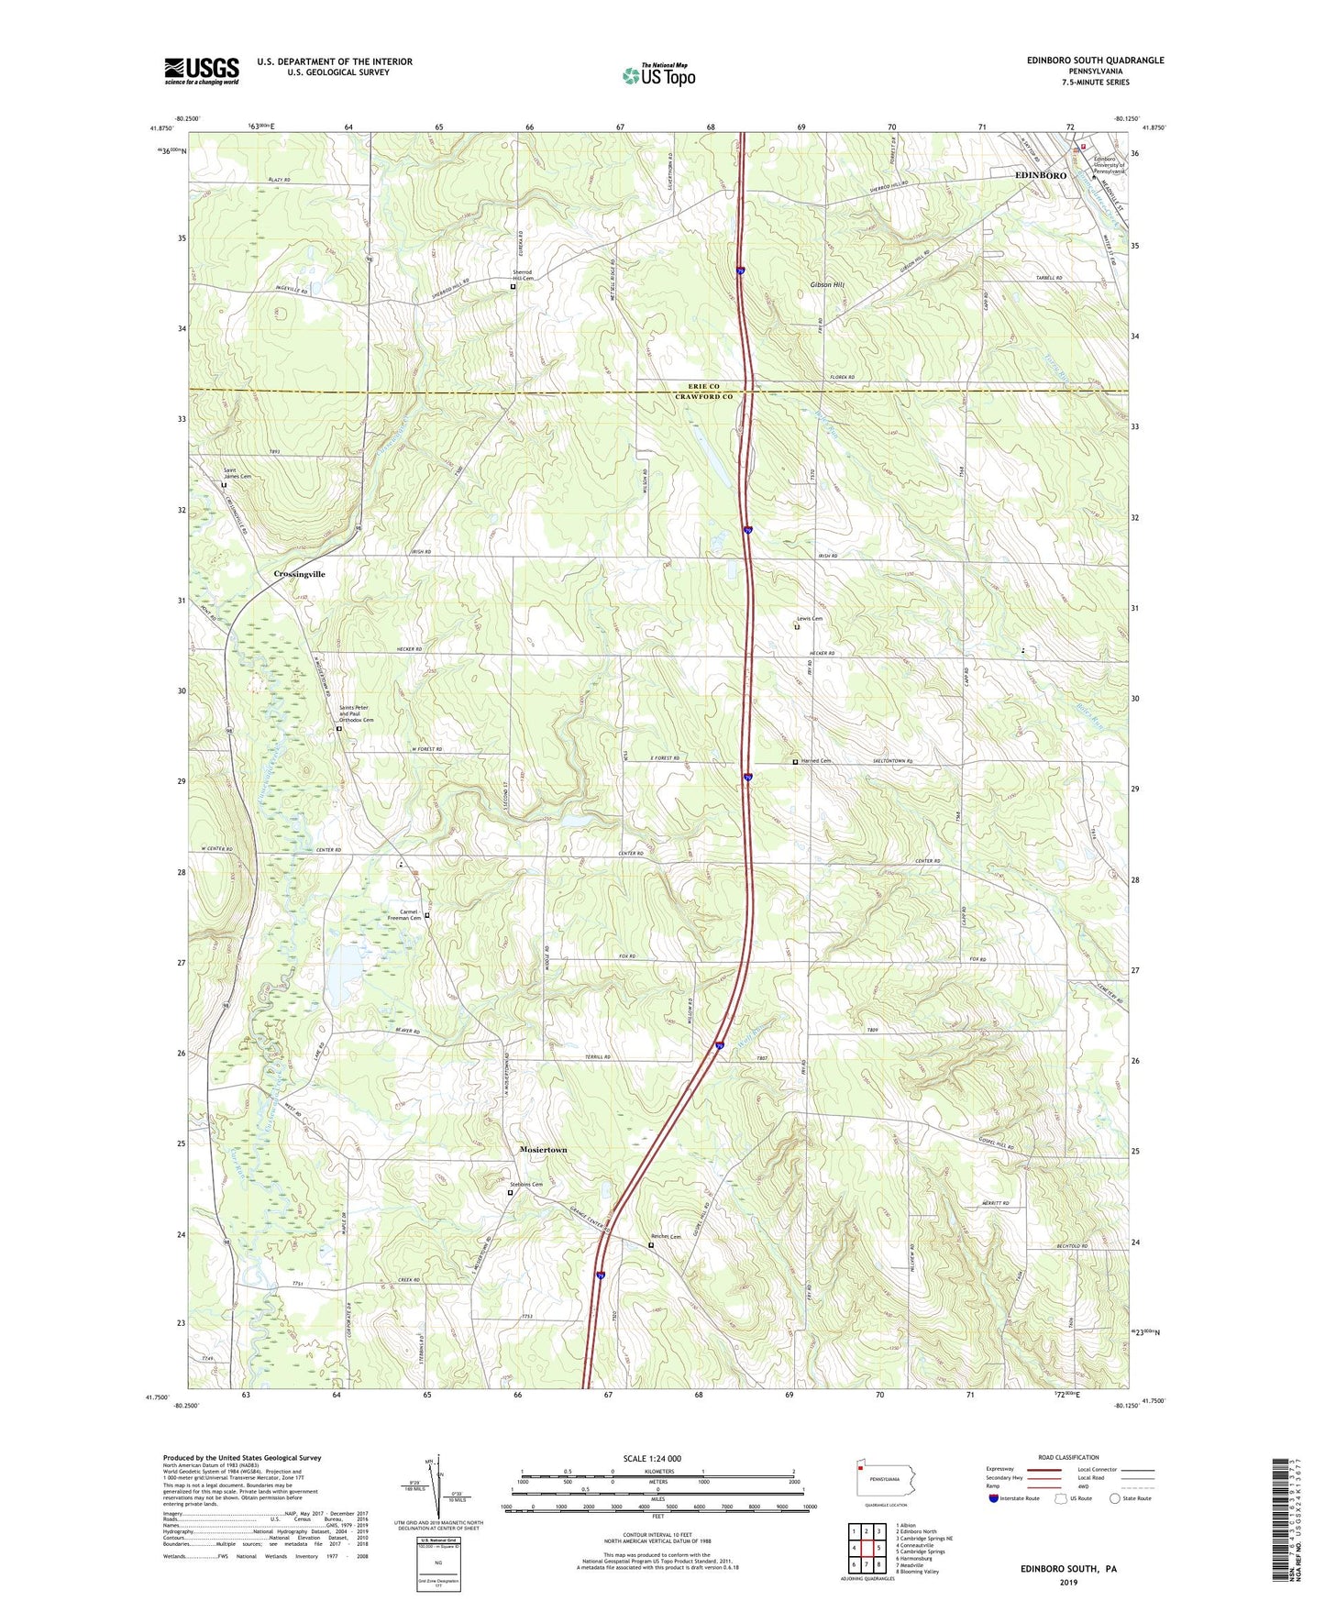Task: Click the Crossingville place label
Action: click(299, 574)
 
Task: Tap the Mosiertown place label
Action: click(543, 1149)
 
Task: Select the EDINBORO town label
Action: click(1040, 175)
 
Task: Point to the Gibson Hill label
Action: click(827, 284)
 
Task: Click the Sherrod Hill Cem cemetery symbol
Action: click(513, 287)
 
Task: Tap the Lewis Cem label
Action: click(810, 619)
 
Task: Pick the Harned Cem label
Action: click(816, 761)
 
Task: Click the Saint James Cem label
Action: click(237, 474)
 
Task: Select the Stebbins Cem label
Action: click(526, 1185)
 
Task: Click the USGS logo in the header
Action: click(202, 71)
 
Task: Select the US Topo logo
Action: click(658, 75)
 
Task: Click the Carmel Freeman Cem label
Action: click(403, 914)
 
